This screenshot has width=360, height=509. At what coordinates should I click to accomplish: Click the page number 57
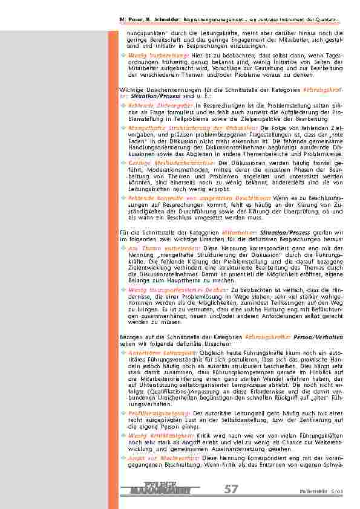231,490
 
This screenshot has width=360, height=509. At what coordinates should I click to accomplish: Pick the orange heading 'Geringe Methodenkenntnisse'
155,163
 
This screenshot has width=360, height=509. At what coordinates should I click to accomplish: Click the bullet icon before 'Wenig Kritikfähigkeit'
123,435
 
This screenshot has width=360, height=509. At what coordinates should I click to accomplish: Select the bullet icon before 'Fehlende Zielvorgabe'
123,105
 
